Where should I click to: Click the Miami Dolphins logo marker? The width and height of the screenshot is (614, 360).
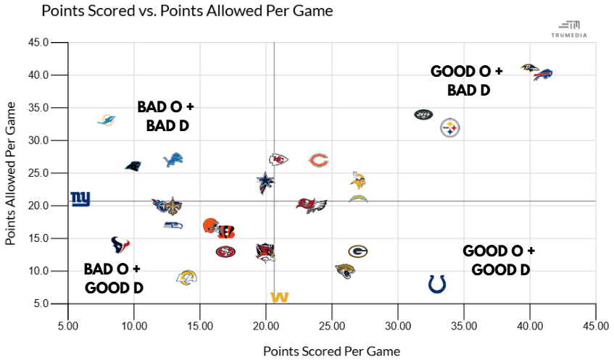[x=107, y=119]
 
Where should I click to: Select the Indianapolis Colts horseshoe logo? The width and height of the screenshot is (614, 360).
[x=436, y=283]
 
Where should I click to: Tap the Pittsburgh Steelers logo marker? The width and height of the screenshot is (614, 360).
[x=450, y=128]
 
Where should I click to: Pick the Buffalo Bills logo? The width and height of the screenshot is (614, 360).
[x=542, y=74]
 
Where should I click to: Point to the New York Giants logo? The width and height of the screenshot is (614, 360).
[x=80, y=198]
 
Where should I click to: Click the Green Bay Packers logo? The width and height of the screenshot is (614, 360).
[x=358, y=251]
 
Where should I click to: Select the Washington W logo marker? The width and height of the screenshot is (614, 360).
[x=279, y=297]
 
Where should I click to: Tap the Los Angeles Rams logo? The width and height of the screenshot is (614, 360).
[x=187, y=277]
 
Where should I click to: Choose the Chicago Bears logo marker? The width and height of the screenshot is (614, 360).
[x=319, y=160]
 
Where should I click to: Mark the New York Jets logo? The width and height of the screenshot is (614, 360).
[x=423, y=114]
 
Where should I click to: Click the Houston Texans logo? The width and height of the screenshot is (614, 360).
[x=120, y=244]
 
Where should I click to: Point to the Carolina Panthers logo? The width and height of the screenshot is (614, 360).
[x=133, y=166]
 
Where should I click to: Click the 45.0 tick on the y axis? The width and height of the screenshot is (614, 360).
[x=38, y=43]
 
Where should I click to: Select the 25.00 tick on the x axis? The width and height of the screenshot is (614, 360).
[x=332, y=327]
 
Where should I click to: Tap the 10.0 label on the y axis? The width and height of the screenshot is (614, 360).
[x=38, y=271]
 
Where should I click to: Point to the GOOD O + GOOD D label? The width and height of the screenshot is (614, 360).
[x=499, y=260]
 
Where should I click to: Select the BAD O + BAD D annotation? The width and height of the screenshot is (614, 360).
[x=166, y=116]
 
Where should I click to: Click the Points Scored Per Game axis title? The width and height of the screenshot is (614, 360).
[x=331, y=351]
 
